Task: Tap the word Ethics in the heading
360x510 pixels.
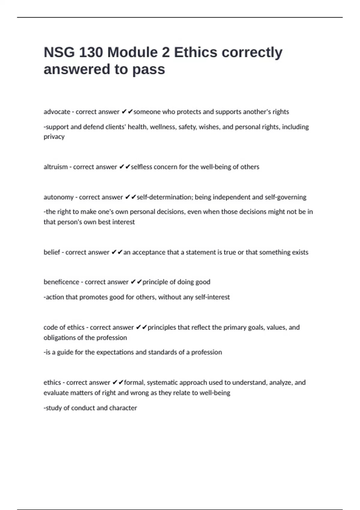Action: point(196,52)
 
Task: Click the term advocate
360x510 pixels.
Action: point(57,112)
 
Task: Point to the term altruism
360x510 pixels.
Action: point(55,167)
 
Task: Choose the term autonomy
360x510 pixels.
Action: point(58,197)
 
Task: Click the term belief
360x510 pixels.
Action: point(52,252)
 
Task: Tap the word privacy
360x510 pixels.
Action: point(54,136)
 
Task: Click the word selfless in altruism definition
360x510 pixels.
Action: point(141,167)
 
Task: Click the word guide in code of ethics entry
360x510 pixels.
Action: point(65,352)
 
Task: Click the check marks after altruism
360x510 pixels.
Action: point(124,167)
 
